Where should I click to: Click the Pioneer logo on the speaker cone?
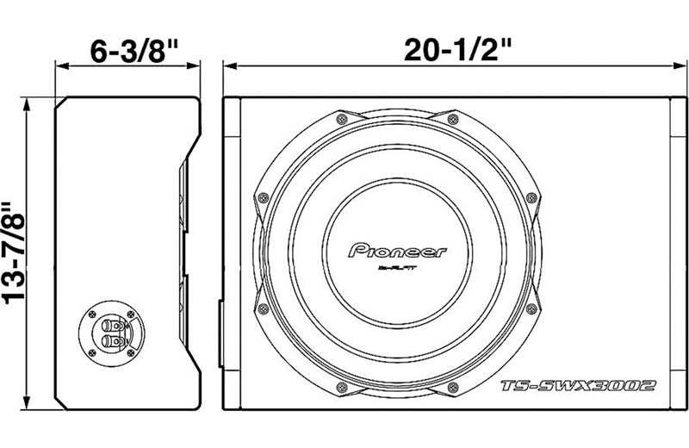coord(397,251)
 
